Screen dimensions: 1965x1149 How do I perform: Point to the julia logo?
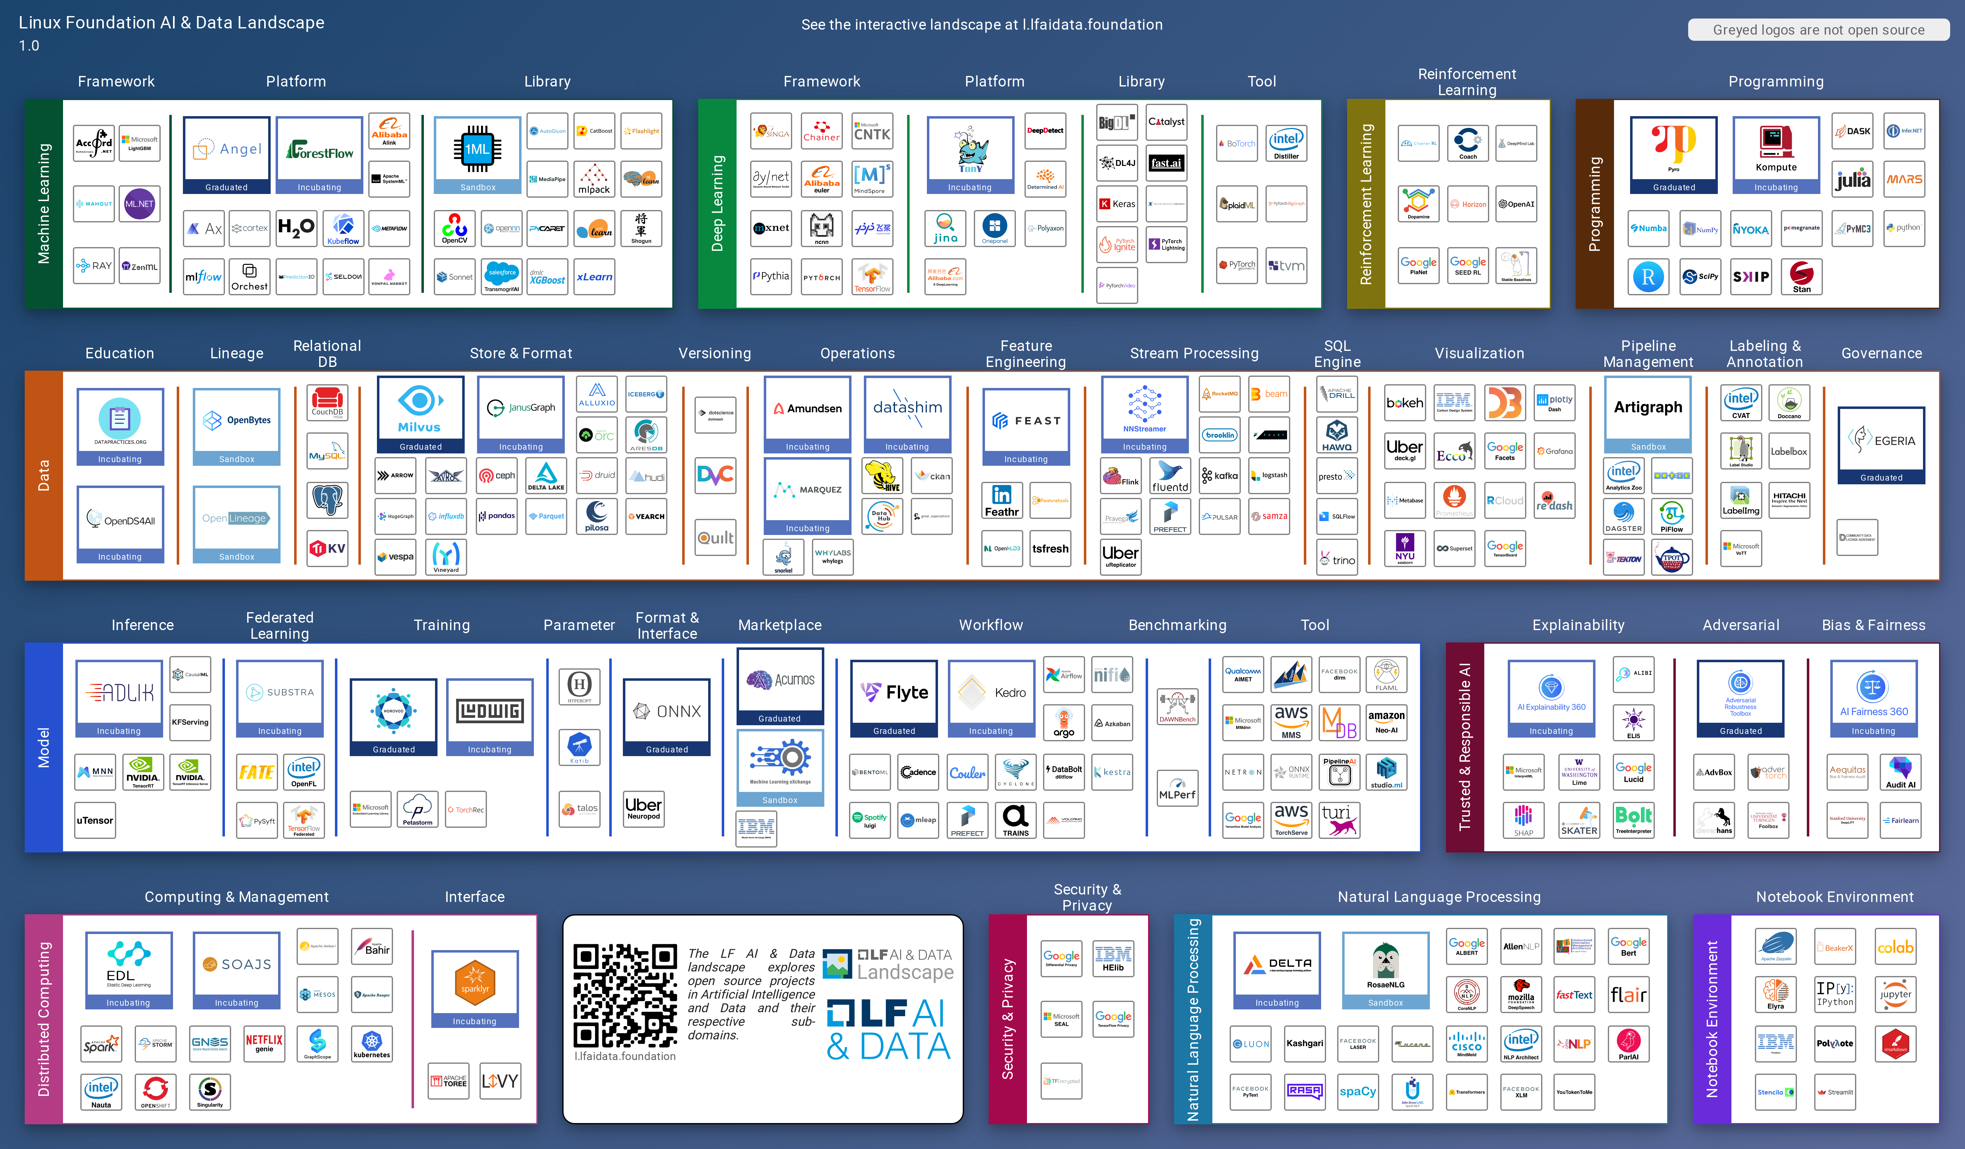[x=1853, y=179]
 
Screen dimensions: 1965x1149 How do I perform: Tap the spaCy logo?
[x=1358, y=1091]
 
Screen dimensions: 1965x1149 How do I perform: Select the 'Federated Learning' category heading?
[x=279, y=625]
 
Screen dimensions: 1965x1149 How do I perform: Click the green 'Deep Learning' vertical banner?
[x=717, y=204]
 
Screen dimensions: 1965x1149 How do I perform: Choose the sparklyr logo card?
[x=474, y=988]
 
